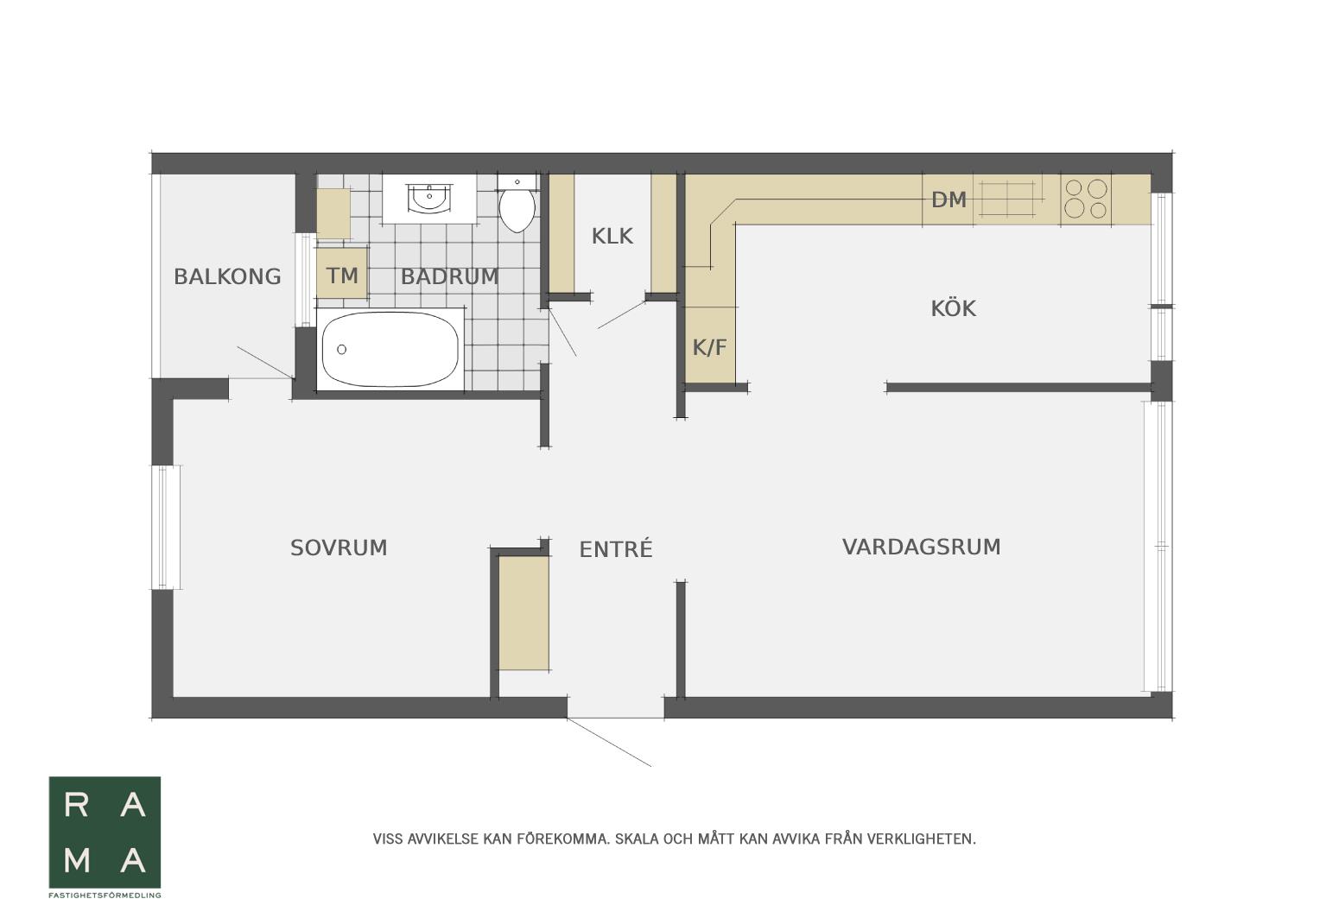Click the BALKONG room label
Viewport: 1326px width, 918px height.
pyautogui.click(x=227, y=277)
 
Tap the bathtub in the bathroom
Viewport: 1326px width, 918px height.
pyautogui.click(x=390, y=350)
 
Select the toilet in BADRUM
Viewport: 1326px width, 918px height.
pyautogui.click(x=517, y=203)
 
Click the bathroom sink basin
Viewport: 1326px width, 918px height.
pyautogui.click(x=429, y=198)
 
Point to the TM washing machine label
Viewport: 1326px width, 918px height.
pyautogui.click(x=342, y=275)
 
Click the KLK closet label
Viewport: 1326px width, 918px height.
pyautogui.click(x=612, y=237)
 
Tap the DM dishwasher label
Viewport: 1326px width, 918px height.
pyautogui.click(x=949, y=200)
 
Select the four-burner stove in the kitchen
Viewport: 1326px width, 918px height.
pyautogui.click(x=1086, y=199)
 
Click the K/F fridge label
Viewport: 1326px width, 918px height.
pyautogui.click(x=709, y=347)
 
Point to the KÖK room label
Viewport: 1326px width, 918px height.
pyautogui.click(x=953, y=308)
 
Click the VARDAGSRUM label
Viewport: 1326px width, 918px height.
pyautogui.click(x=921, y=547)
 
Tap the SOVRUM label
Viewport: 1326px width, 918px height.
pyautogui.click(x=339, y=548)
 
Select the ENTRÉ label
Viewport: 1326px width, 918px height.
pyautogui.click(x=616, y=548)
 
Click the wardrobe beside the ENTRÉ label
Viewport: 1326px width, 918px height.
pyautogui.click(x=523, y=613)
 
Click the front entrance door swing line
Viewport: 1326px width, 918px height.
pyautogui.click(x=609, y=742)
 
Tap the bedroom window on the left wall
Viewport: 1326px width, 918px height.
pyautogui.click(x=167, y=528)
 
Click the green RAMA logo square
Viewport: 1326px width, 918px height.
pyautogui.click(x=105, y=833)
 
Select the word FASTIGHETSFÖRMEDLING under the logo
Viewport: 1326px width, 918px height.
pyautogui.click(x=105, y=896)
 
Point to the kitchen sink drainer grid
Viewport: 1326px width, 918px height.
pyautogui.click(x=1007, y=199)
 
